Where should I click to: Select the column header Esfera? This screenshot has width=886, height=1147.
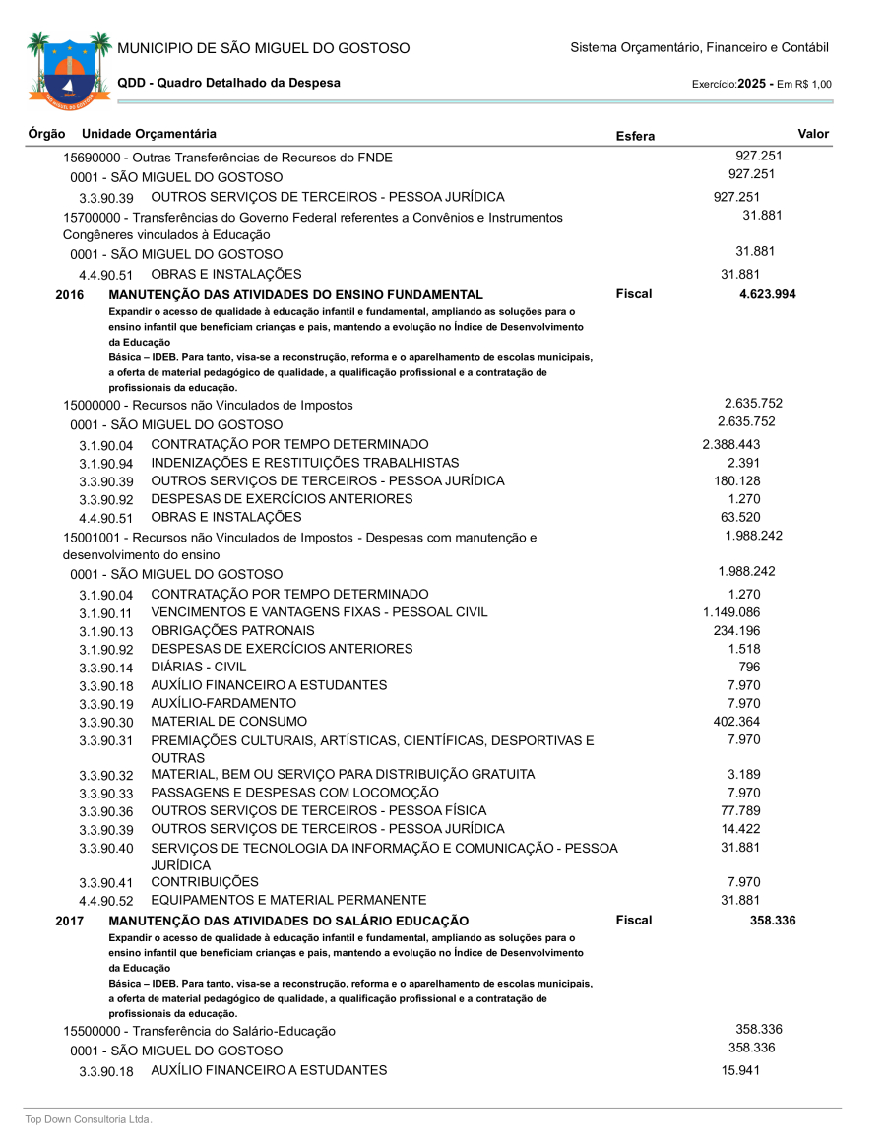[x=634, y=136]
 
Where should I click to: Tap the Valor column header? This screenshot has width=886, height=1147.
[x=813, y=134]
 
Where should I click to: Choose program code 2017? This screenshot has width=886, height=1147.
[x=70, y=921]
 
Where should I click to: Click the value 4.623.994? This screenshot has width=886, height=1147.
[x=767, y=294]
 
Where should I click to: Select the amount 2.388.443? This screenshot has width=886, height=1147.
[x=730, y=444]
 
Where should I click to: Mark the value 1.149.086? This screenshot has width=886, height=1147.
[x=730, y=612]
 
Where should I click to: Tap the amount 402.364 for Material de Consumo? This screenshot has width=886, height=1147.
[x=736, y=721]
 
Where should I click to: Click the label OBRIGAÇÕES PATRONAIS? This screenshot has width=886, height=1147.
[x=232, y=630]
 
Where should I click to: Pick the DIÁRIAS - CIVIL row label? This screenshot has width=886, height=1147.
[x=198, y=667]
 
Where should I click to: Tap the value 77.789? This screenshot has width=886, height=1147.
[x=740, y=810]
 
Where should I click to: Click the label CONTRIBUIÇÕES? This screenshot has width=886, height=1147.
[x=205, y=882]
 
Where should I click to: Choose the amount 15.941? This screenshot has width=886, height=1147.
[x=740, y=1070]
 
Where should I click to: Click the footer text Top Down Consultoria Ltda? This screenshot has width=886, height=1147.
[x=89, y=1119]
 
